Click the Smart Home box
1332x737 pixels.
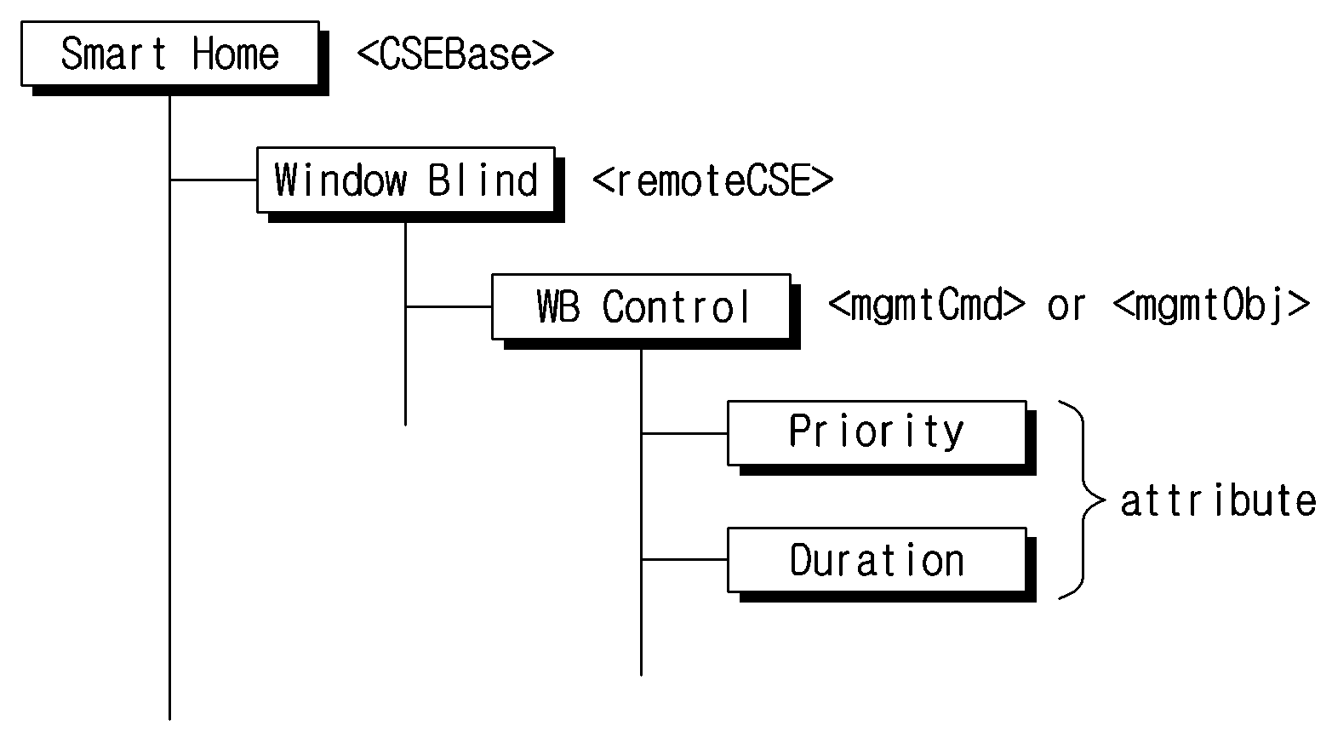[170, 54]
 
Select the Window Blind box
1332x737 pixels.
[405, 180]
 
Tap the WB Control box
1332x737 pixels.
[641, 306]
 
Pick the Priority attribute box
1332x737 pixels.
[878, 432]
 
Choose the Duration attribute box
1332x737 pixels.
[878, 560]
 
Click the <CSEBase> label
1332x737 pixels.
[455, 54]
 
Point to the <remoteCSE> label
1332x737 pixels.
[713, 180]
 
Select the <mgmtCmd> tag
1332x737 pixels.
[927, 306]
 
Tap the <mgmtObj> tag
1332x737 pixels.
[1211, 306]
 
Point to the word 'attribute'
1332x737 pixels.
[1219, 500]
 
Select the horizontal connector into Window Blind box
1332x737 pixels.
[213, 180]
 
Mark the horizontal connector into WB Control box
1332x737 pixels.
[449, 306]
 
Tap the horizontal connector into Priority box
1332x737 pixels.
[684, 433]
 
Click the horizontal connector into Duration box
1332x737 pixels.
[684, 559]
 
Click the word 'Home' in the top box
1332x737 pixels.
[236, 54]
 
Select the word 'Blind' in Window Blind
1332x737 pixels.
[483, 180]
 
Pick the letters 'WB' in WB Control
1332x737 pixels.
[557, 306]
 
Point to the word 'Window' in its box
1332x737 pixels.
[340, 180]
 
